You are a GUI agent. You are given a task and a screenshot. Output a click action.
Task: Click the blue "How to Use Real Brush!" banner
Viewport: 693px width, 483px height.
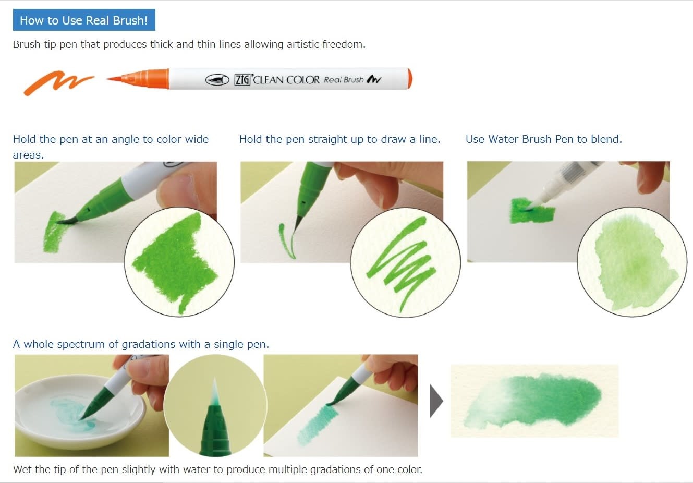pyautogui.click(x=83, y=20)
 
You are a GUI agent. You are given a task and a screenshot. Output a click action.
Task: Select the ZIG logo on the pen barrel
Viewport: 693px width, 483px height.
pyautogui.click(x=242, y=79)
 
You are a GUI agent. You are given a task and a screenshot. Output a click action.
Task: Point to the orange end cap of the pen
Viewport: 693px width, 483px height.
pyautogui.click(x=410, y=79)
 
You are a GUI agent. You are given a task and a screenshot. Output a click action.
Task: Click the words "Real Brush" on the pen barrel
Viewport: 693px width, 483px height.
pyautogui.click(x=343, y=79)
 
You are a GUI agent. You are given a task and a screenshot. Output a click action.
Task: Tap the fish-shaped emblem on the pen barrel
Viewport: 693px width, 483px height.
pyautogui.click(x=217, y=79)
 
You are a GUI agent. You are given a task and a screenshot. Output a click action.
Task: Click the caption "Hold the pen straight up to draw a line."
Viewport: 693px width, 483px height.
pyautogui.click(x=339, y=139)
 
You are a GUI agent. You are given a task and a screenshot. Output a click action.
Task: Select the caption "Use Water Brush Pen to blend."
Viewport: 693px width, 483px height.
pyautogui.click(x=543, y=139)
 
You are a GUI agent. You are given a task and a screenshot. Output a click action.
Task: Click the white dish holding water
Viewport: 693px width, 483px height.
pyautogui.click(x=78, y=412)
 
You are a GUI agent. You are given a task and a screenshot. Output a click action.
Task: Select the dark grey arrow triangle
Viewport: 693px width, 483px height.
pyautogui.click(x=436, y=401)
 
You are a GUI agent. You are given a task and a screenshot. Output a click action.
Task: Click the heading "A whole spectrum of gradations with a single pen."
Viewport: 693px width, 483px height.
pyautogui.click(x=141, y=344)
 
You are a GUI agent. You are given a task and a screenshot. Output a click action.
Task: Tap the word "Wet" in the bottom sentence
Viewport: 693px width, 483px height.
pyautogui.click(x=22, y=469)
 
